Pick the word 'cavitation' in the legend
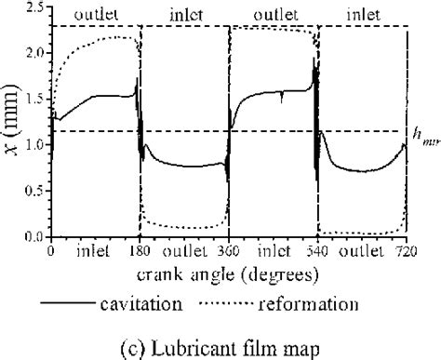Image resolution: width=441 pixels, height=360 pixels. (171, 303)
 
